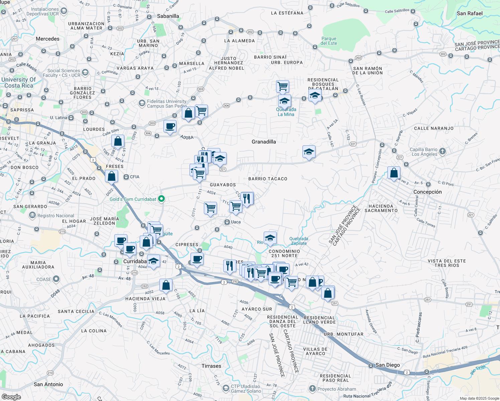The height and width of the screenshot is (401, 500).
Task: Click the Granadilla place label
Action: click(264, 142)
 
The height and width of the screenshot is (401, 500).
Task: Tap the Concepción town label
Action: click(427, 192)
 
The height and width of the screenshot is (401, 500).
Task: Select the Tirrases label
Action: click(211, 366)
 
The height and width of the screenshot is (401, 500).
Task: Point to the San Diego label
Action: click(387, 365)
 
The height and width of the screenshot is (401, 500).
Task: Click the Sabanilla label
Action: click(168, 16)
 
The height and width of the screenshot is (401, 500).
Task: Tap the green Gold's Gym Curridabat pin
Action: click(161, 199)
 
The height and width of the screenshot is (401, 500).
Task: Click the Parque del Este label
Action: click(329, 41)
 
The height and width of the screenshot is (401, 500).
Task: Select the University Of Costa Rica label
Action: click(18, 83)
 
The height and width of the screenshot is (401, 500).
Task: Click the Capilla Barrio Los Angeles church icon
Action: click(443, 151)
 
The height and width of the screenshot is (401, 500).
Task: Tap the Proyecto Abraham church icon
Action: click(312, 389)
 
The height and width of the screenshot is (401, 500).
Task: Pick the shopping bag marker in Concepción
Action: click(394, 173)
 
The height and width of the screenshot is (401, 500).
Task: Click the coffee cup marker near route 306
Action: click(170, 127)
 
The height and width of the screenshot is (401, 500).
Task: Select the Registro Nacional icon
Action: click(32, 216)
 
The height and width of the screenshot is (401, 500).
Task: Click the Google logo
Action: click(11, 397)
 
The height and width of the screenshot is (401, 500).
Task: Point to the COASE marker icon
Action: click(56, 279)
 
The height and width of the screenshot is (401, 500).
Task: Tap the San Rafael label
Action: click(470, 13)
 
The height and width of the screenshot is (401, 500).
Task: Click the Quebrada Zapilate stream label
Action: click(299, 241)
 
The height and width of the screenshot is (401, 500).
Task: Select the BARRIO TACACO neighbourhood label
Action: click(268, 179)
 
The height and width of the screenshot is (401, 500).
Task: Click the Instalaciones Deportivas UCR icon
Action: click(64, 11)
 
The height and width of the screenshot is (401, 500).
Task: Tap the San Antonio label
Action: click(48, 384)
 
